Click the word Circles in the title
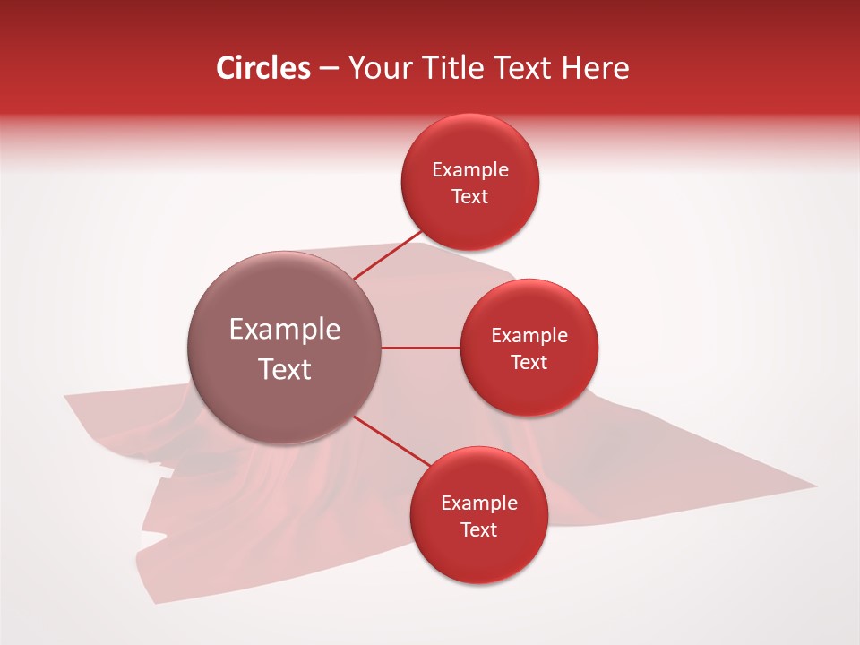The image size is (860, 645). click(x=263, y=68)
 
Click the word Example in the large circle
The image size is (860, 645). click(x=285, y=330)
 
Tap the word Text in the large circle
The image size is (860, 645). click(x=285, y=369)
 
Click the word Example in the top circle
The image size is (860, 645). click(x=470, y=170)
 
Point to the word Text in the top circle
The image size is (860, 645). click(x=470, y=197)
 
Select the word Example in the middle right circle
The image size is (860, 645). click(x=529, y=336)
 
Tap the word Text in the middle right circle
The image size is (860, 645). click(x=529, y=363)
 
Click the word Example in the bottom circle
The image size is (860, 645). click(x=479, y=503)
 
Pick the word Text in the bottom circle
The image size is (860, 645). click(x=479, y=530)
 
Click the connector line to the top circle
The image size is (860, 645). click(x=387, y=256)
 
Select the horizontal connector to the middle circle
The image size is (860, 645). click(x=421, y=348)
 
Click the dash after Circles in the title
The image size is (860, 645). click(x=328, y=69)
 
